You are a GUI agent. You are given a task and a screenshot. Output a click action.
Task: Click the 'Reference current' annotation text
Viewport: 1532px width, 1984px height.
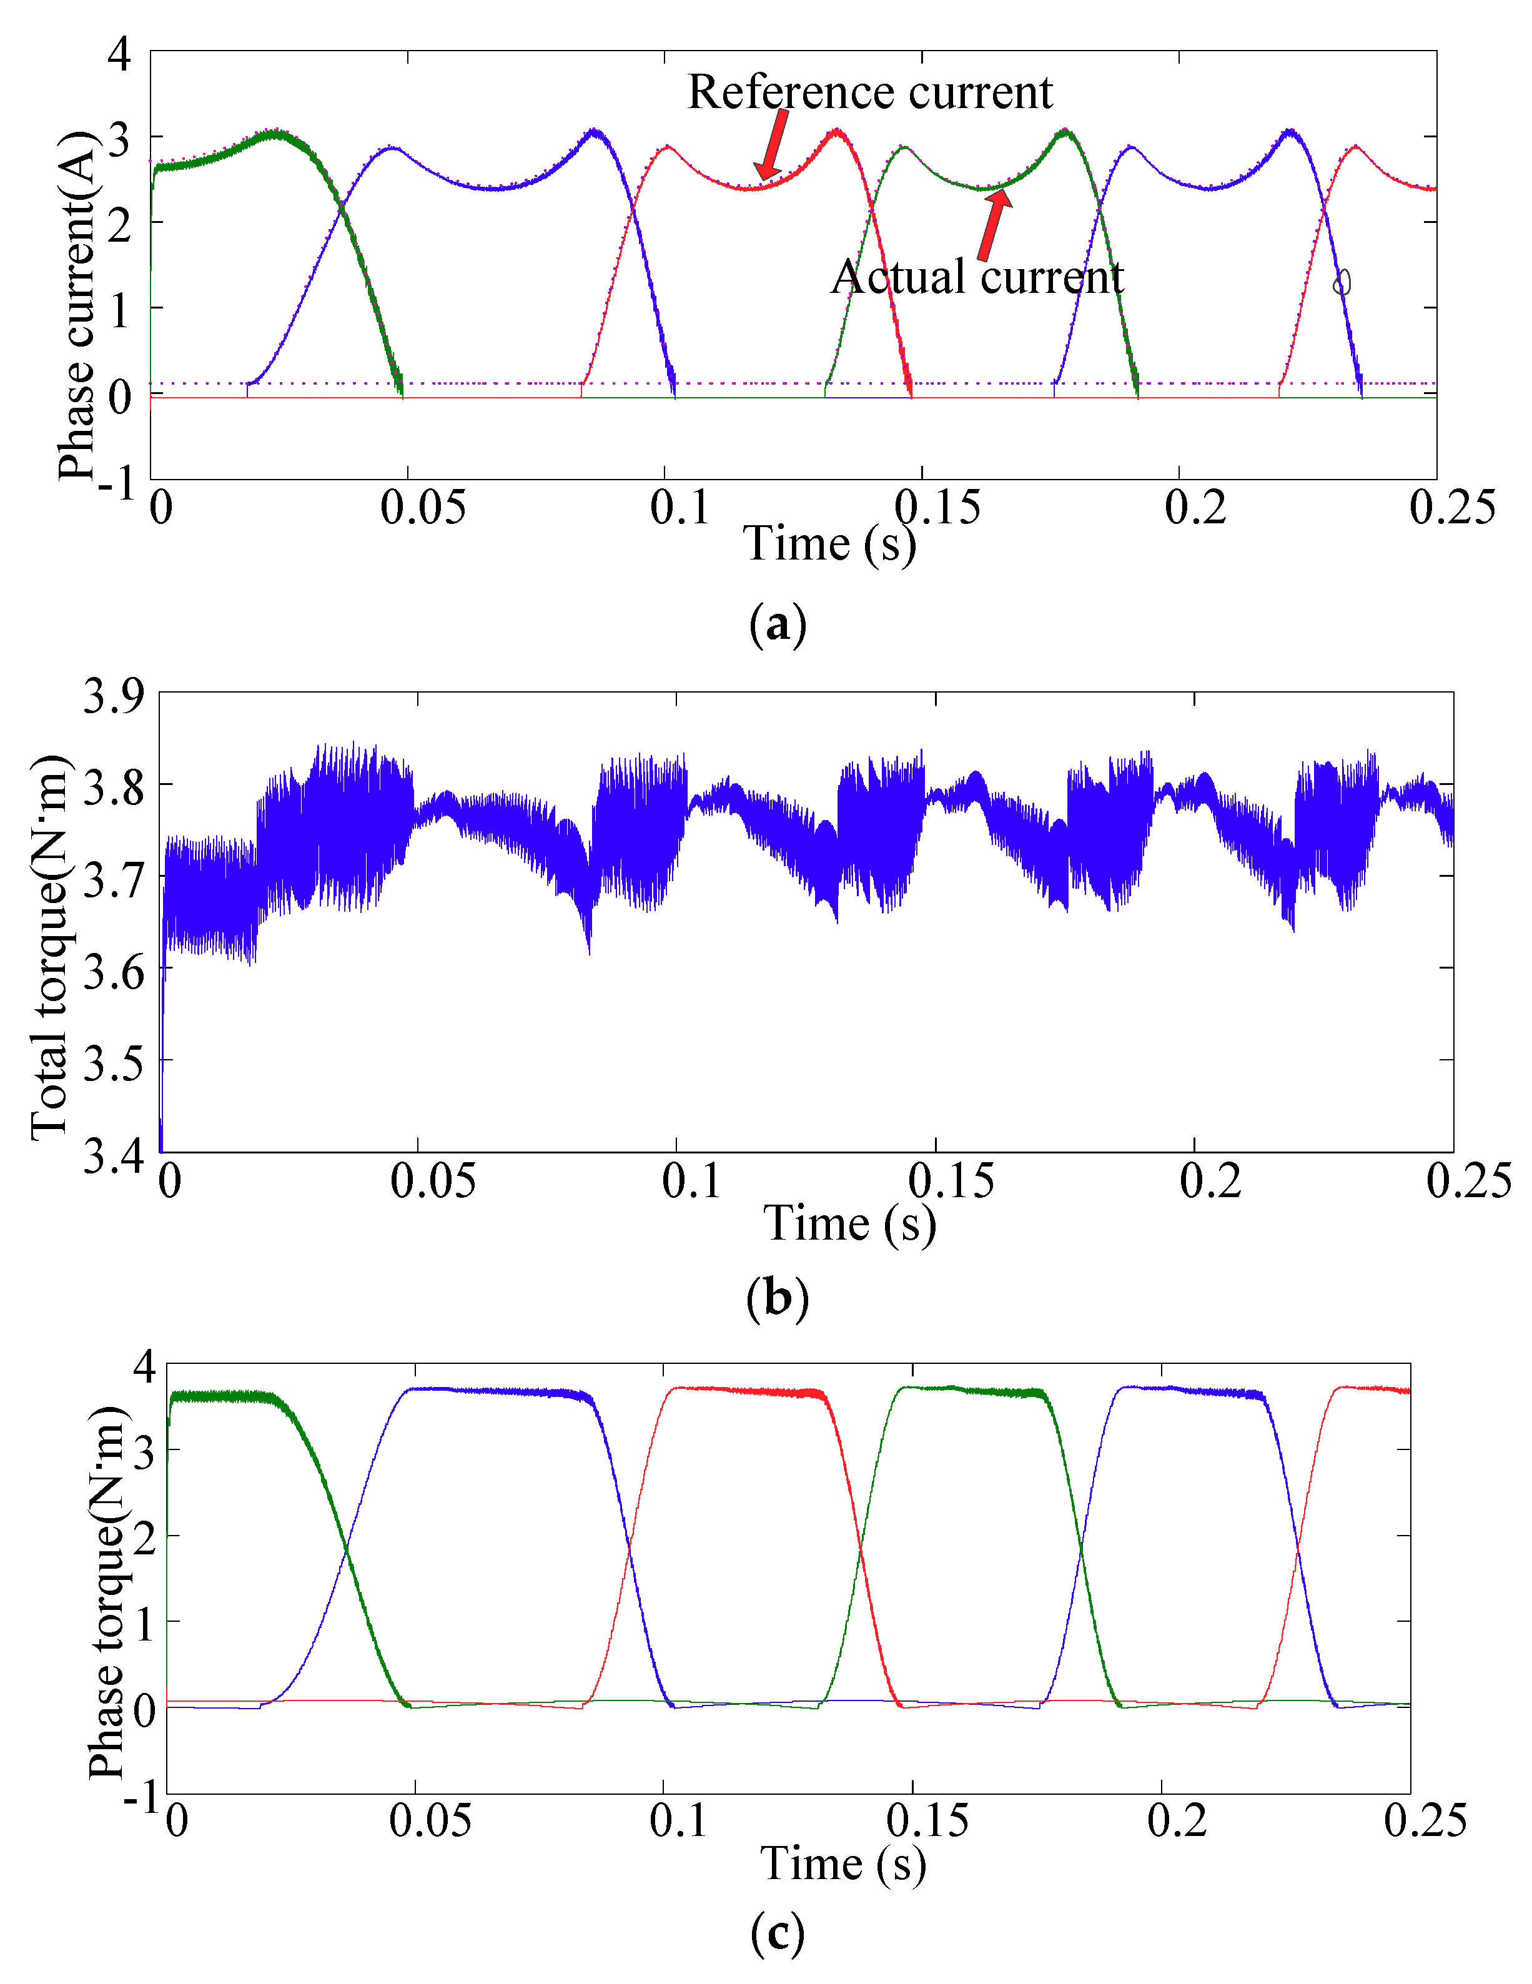coord(869,92)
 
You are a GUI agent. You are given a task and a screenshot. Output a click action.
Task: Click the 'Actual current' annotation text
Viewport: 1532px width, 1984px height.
coord(977,277)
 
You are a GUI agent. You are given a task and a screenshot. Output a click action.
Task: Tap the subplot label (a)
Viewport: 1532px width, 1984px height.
coord(778,625)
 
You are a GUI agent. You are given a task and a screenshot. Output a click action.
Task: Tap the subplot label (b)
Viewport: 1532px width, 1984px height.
coord(778,1298)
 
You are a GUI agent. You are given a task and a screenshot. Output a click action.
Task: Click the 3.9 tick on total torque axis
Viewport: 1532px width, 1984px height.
coord(114,697)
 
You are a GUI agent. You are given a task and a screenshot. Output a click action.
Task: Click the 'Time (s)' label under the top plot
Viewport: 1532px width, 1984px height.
coord(829,545)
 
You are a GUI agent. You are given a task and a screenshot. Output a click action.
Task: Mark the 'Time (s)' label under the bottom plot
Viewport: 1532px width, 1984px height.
coord(843,1863)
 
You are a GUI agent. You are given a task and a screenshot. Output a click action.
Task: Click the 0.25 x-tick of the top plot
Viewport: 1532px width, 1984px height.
coord(1451,508)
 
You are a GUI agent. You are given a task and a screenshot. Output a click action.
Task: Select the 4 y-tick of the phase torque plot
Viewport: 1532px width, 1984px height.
coord(144,1366)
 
